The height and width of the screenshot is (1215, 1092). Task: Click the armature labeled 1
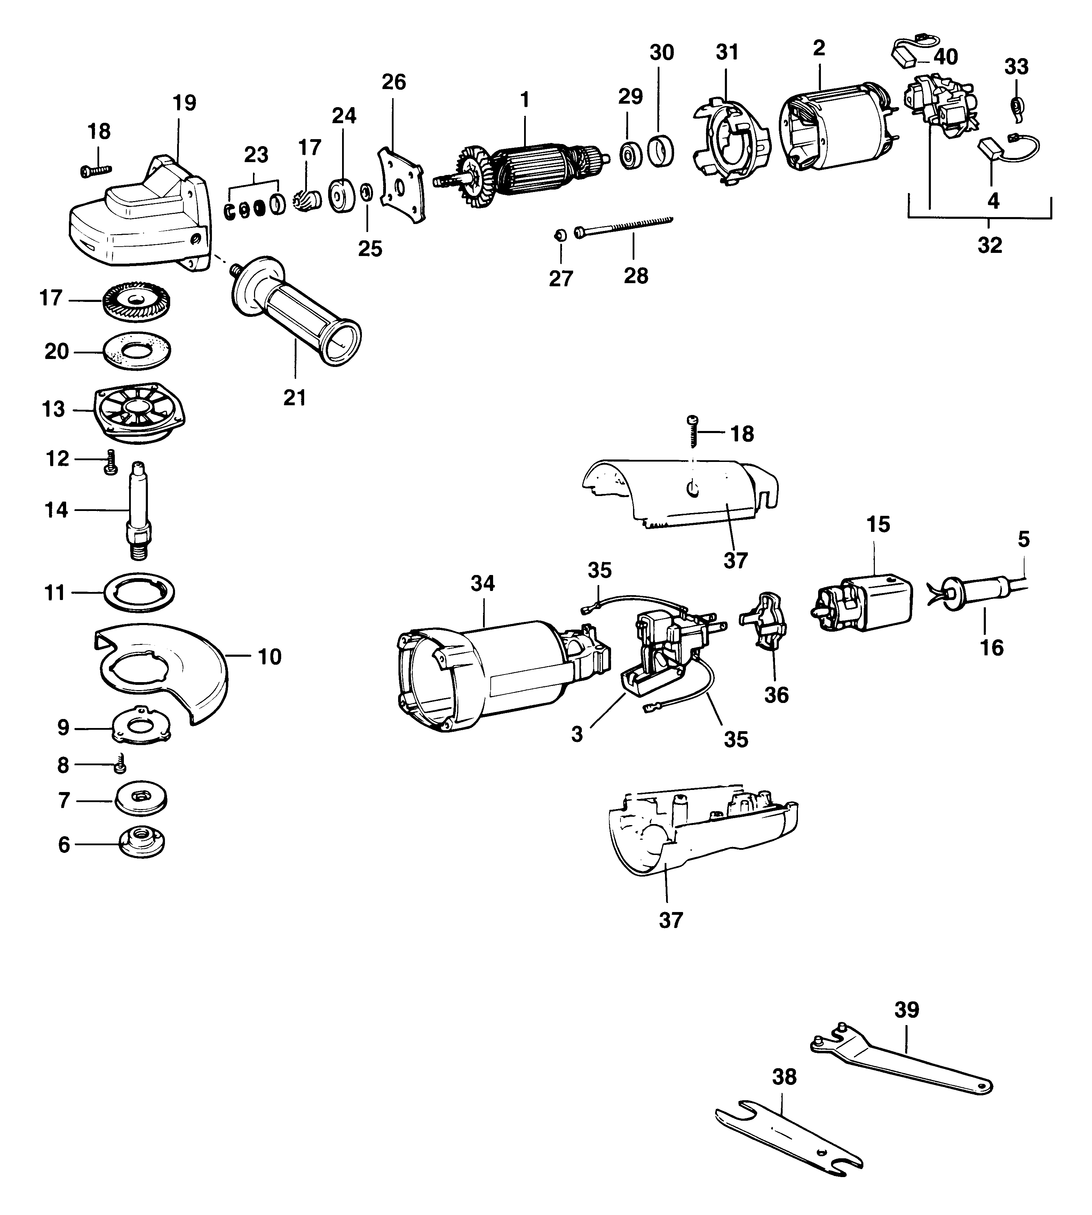coord(528,165)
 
